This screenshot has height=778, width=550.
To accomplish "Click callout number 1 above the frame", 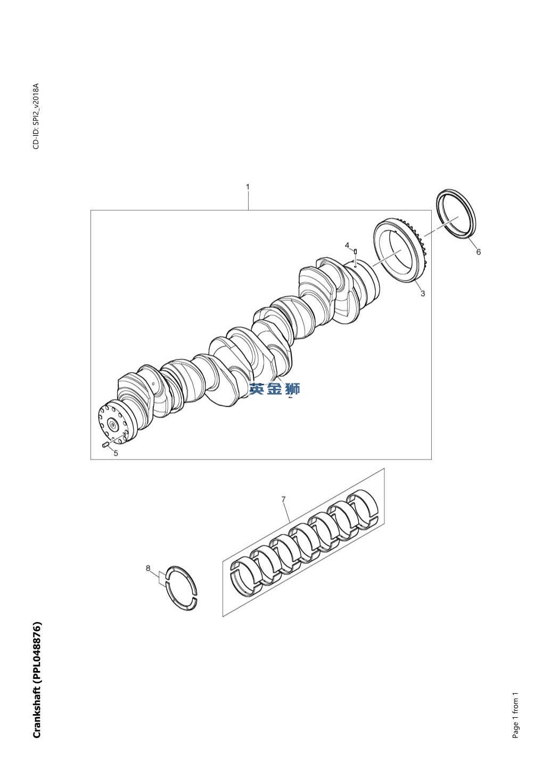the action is pyautogui.click(x=248, y=187).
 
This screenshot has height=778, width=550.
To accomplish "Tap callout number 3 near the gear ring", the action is pyautogui.click(x=423, y=293).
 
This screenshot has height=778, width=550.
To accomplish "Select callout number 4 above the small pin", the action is pyautogui.click(x=347, y=245).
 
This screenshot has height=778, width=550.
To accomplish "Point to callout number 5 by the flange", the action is pyautogui.click(x=116, y=453).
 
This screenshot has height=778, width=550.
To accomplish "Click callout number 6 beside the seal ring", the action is pyautogui.click(x=479, y=252).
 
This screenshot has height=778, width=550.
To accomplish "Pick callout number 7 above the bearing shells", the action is pyautogui.click(x=283, y=499).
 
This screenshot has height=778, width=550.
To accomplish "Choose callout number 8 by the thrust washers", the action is pyautogui.click(x=148, y=568).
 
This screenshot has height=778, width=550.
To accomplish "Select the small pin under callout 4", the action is pyautogui.click(x=355, y=251).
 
